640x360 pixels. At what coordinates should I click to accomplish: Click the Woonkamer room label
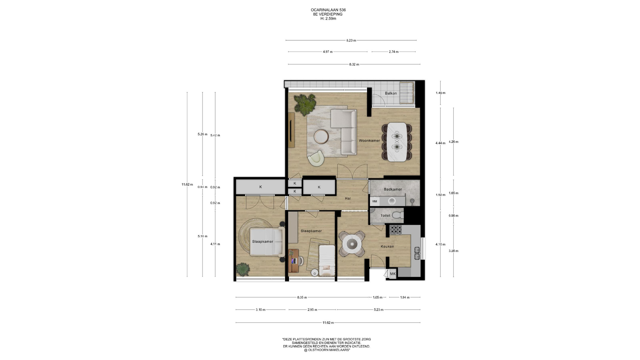[369, 141]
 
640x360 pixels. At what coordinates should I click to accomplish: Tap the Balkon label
[391, 93]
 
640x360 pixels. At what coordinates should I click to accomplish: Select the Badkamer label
[393, 189]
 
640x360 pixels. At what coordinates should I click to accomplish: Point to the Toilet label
[385, 216]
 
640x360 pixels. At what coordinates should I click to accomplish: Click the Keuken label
[387, 247]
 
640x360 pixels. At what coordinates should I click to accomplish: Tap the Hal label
[348, 199]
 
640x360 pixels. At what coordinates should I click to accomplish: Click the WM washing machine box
[374, 201]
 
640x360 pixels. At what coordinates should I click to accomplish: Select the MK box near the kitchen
[393, 274]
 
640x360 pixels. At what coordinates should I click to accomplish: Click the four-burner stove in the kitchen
[396, 229]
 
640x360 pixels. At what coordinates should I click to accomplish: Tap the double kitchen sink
[417, 253]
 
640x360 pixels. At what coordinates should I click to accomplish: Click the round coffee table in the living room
[321, 136]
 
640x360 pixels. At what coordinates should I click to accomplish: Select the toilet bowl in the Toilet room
[398, 215]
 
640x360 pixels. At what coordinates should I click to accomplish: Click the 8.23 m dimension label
[351, 40]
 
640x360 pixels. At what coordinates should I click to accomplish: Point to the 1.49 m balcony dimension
[440, 93]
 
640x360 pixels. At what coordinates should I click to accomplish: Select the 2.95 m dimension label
[312, 310]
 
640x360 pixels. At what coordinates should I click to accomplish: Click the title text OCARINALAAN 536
[328, 10]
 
